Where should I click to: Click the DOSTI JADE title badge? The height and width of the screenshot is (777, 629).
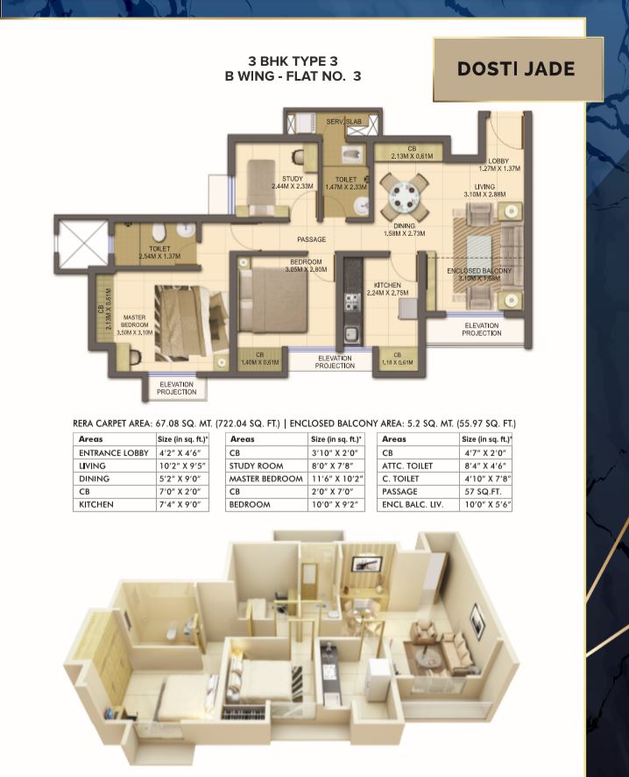point(516,68)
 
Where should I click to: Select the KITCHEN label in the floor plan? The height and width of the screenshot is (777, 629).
point(387,285)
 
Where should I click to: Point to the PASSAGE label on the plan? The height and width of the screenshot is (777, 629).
point(311,239)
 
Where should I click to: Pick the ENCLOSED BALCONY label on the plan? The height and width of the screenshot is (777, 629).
point(478,271)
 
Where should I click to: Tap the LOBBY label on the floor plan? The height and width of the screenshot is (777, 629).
point(499,161)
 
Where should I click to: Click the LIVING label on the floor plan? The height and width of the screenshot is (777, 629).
point(484,187)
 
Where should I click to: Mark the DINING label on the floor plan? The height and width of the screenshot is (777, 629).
point(404,225)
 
